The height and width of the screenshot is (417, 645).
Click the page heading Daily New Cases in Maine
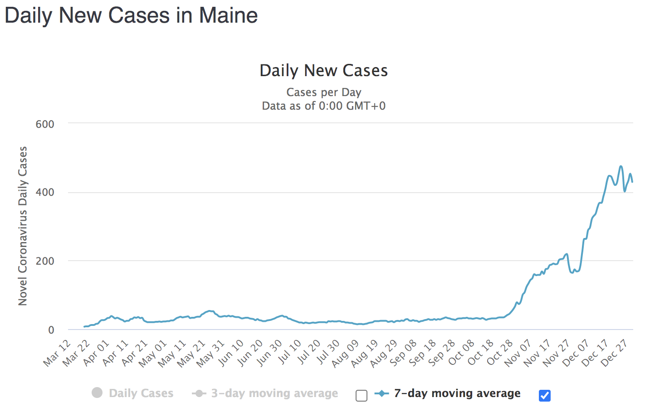tap(131, 15)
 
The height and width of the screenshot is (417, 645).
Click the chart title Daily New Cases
tap(323, 71)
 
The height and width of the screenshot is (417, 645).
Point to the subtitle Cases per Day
tap(323, 92)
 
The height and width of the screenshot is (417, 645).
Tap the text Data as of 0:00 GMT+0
tap(323, 106)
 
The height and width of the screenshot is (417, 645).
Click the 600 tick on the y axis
tap(45, 124)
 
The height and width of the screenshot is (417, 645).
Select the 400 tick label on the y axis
tap(45, 192)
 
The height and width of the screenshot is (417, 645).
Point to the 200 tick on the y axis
tap(45, 261)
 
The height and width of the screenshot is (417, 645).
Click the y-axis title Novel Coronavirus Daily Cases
tap(23, 226)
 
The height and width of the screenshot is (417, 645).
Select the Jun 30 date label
tap(270, 353)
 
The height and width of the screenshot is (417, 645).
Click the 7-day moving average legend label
tap(457, 393)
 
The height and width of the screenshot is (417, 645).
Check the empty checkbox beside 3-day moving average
tap(362, 396)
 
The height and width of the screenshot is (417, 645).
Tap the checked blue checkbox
tap(545, 396)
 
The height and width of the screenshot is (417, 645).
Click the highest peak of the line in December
tap(621, 166)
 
